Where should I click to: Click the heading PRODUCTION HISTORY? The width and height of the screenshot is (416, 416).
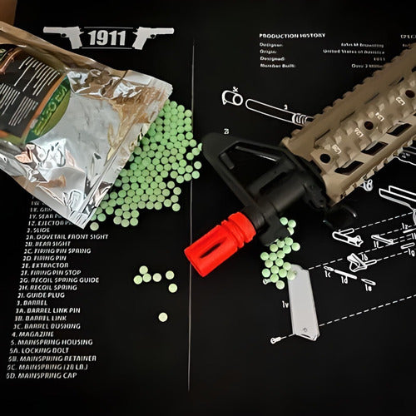click(292, 36)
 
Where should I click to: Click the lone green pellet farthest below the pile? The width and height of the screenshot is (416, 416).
click(163, 317)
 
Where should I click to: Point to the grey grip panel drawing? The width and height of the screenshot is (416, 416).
click(303, 303)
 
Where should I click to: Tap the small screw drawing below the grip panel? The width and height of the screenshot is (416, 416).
click(275, 339)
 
